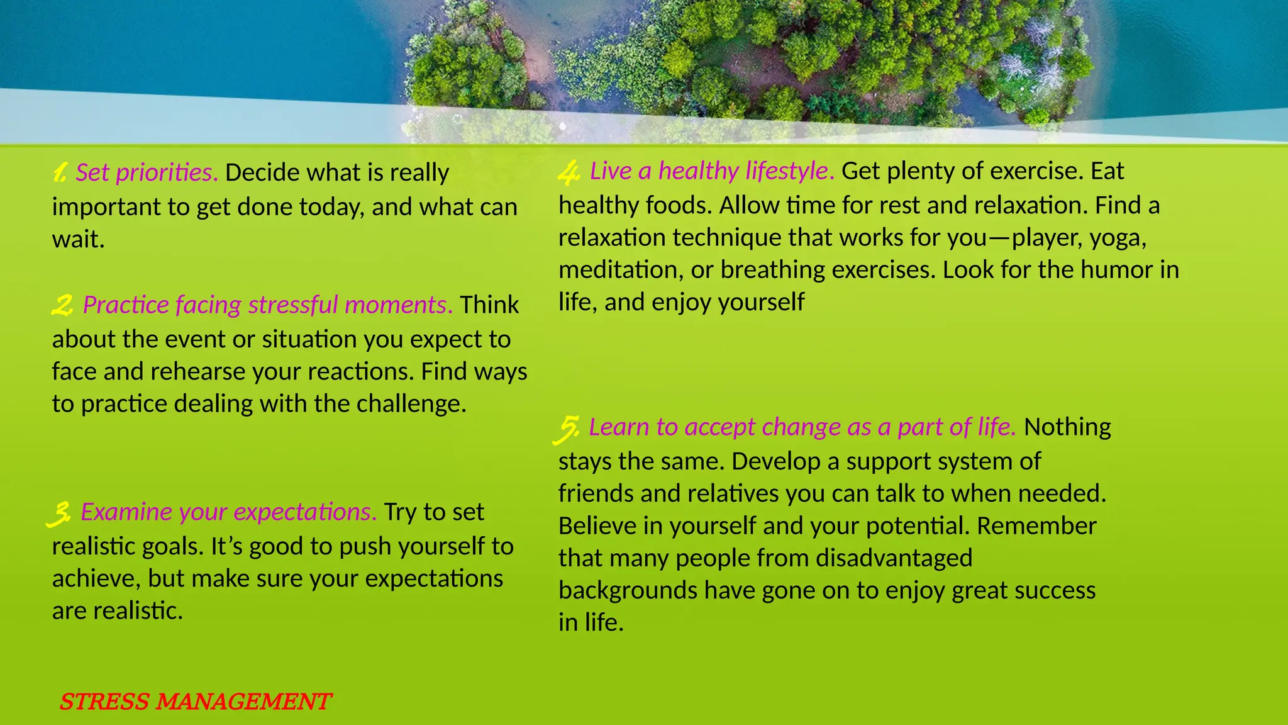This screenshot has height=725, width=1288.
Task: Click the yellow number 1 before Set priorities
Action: pyautogui.click(x=60, y=172)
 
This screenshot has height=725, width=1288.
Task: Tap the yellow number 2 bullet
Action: pyautogui.click(x=62, y=306)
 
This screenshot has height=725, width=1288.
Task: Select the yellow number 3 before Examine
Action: pyautogui.click(x=59, y=514)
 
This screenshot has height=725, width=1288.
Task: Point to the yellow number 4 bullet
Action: pyautogui.click(x=569, y=172)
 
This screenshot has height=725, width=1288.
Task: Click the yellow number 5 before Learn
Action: pyautogui.click(x=568, y=429)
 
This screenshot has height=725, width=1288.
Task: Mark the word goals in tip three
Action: pyautogui.click(x=172, y=547)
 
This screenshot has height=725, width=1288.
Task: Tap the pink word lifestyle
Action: pyautogui.click(x=789, y=171)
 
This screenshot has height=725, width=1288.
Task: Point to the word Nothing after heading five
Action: pyautogui.click(x=1067, y=427)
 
